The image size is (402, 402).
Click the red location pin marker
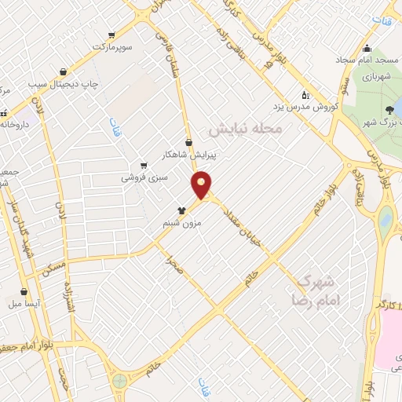(x=203, y=185)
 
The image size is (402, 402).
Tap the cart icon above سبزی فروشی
(x=143, y=165)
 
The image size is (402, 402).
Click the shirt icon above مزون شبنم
(x=182, y=210)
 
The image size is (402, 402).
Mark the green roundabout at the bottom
(x=119, y=381)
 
